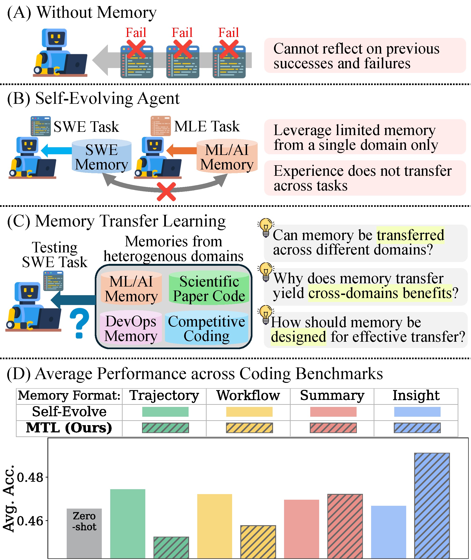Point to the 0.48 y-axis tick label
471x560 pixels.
point(30,477)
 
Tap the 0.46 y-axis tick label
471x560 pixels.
point(30,521)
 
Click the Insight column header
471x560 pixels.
point(416,395)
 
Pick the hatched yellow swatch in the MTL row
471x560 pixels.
point(249,428)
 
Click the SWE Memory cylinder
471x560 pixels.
point(102,157)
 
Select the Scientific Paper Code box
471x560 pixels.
point(209,289)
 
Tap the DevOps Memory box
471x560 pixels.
point(131,328)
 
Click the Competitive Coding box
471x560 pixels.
point(206,329)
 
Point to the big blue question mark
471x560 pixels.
point(79,323)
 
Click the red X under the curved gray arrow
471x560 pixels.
point(166,191)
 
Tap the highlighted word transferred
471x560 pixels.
point(410,235)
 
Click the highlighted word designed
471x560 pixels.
point(298,337)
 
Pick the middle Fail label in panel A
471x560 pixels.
point(182,33)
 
